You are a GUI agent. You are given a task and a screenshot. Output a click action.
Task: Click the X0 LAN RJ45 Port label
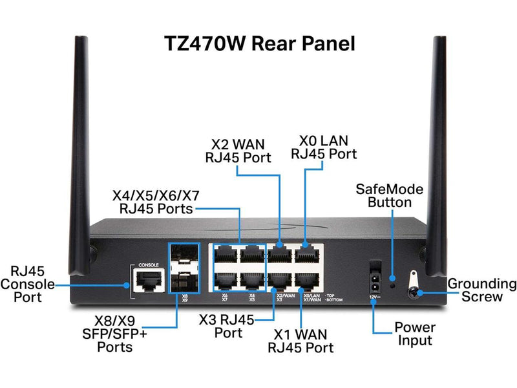[x=324, y=148]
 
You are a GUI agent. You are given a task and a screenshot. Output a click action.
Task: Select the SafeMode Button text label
[x=390, y=195]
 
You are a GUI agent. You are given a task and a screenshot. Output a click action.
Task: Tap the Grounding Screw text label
[x=482, y=290]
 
